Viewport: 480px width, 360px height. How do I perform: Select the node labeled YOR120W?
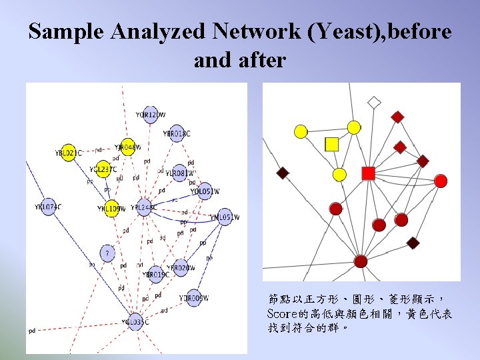coord(150,115)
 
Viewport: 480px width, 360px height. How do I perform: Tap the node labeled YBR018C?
coord(177,133)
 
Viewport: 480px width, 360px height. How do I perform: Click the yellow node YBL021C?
coord(68,153)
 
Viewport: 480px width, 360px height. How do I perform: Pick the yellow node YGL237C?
coord(102,169)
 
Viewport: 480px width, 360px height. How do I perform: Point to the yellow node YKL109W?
coord(111,209)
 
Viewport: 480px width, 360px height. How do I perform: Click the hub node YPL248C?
coord(144,207)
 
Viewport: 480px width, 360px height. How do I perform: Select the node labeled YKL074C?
coord(48,207)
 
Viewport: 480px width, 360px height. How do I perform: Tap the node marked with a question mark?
coord(107,253)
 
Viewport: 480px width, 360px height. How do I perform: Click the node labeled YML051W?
coord(225,217)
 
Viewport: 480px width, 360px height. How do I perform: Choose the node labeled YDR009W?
coord(194,298)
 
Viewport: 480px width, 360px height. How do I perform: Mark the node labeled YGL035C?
coord(135,322)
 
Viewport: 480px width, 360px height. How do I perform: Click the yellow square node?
coord(332,143)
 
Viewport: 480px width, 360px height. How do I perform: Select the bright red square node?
coord(368,173)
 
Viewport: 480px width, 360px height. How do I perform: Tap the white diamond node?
coord(374,103)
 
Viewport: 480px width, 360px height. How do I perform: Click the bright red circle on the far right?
coord(440,181)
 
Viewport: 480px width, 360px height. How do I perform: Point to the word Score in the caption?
coord(282,313)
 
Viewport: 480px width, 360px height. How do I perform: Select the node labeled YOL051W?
coord(205,191)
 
